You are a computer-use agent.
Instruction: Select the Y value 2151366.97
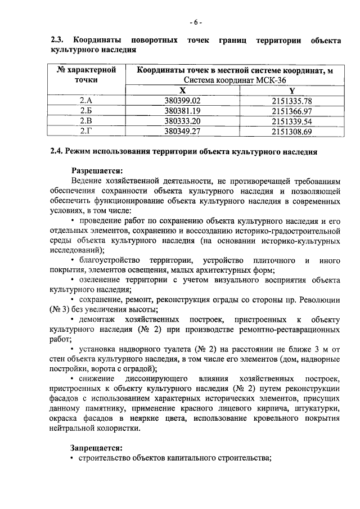[x=291, y=111]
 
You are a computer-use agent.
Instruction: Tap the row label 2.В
[x=86, y=121]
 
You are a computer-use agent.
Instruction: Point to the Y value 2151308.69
[x=291, y=132]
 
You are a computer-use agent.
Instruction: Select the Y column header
[x=291, y=90]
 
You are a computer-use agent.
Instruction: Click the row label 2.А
[x=86, y=101]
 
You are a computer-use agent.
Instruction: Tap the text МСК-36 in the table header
[x=256, y=80]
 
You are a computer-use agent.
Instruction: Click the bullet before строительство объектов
[x=73, y=458]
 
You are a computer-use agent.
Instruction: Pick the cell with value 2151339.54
[x=291, y=121]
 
